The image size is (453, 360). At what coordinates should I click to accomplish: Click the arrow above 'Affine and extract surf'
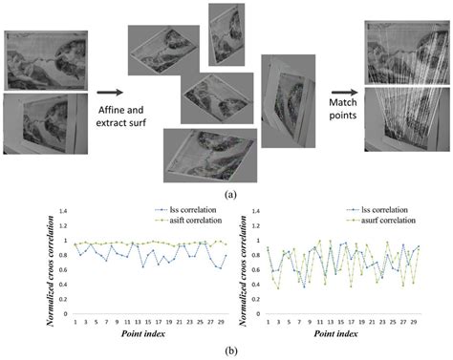click(107, 93)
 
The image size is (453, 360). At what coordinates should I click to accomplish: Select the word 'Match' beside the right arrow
click(339, 100)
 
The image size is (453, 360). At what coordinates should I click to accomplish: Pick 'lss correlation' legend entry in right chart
click(382, 209)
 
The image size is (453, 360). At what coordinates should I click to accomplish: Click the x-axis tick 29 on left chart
click(220, 320)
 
